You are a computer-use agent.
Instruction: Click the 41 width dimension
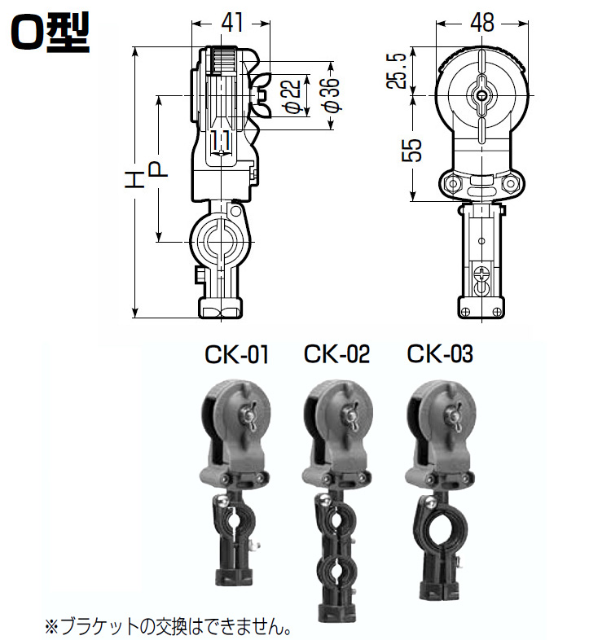pyautogui.click(x=231, y=23)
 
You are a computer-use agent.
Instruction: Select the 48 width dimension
pyautogui.click(x=482, y=23)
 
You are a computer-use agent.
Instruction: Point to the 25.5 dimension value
pyautogui.click(x=396, y=71)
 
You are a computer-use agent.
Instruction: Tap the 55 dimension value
pyautogui.click(x=411, y=150)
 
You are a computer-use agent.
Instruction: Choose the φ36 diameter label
pyautogui.click(x=331, y=94)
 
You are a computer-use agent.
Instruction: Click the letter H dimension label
pyautogui.click(x=134, y=180)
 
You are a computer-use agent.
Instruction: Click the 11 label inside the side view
pyautogui.click(x=221, y=141)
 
